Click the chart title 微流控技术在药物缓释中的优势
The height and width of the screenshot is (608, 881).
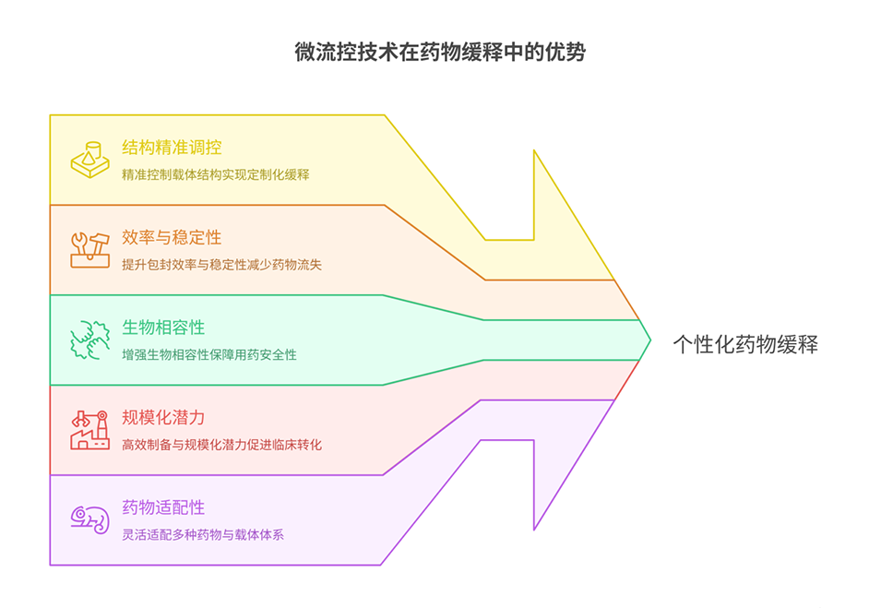coord(439,53)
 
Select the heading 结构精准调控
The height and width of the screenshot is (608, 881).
coord(171,148)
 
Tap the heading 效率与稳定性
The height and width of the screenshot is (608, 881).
coord(171,237)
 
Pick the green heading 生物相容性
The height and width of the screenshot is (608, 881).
coord(162,328)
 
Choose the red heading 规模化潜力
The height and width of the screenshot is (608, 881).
coord(162,417)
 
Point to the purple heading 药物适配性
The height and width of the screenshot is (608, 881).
coord(162,507)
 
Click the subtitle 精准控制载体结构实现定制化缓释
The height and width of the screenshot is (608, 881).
coord(215,174)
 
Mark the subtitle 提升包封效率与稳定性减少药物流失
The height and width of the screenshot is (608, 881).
coord(221,264)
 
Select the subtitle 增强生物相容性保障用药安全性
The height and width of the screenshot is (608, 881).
coord(208,354)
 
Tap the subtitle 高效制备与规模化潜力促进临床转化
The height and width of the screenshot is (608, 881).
coord(221,444)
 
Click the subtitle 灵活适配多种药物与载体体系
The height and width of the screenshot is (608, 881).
coord(202,534)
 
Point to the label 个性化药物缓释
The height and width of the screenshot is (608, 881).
coord(744,345)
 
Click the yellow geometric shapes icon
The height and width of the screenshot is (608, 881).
coord(90,160)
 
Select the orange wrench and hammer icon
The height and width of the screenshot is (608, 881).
coord(90,249)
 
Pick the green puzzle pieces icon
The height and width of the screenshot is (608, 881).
coord(90,340)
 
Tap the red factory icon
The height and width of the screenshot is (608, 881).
coord(90,429)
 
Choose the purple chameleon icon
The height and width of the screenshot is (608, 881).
coord(90,519)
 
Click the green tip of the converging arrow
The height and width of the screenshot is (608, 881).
coord(643,340)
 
